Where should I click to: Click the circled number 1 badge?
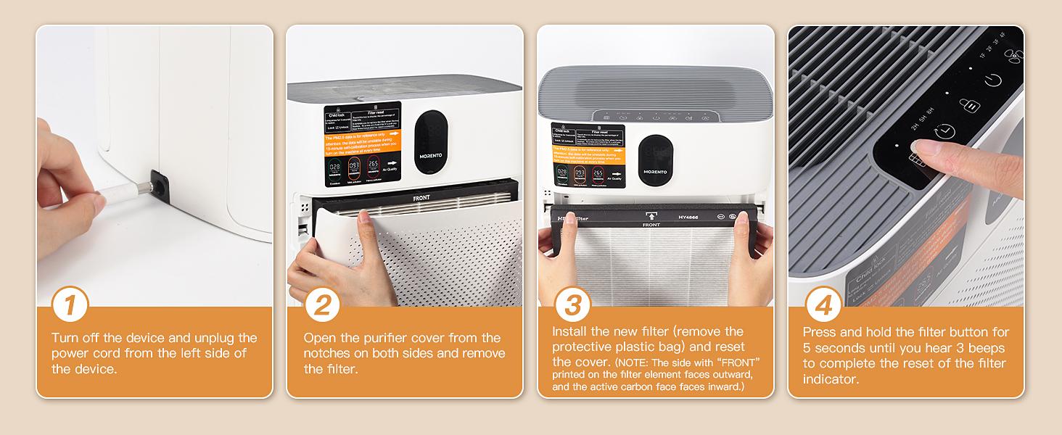coord(70,305)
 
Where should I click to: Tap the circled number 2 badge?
coord(323,305)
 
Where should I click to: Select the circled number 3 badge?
coord(573,305)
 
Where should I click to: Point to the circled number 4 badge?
coord(823,305)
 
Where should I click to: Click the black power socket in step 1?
coord(161,187)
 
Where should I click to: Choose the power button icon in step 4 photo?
coord(993,80)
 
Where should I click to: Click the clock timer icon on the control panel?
coord(944,132)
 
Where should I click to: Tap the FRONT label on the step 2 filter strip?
coord(421,197)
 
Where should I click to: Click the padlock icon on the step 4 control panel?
coord(970,105)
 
